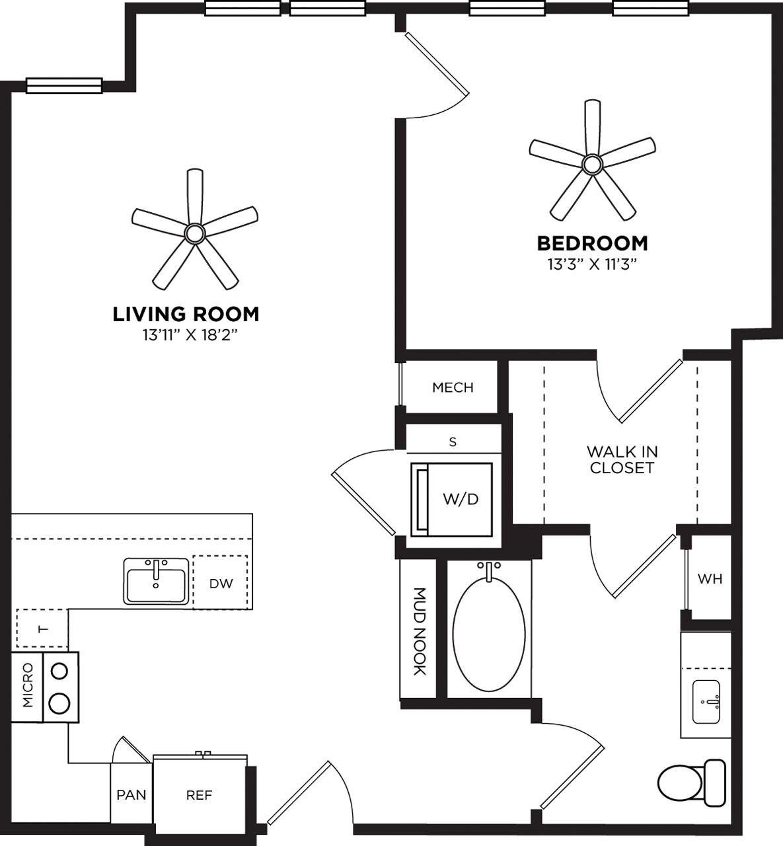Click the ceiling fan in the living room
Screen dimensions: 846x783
click(x=194, y=233)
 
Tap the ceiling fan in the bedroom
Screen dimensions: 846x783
click(x=592, y=163)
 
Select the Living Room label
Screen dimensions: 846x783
click(x=186, y=314)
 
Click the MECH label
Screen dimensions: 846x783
click(x=453, y=387)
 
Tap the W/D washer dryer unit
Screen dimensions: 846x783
click(x=460, y=499)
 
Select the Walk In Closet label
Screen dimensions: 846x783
click(x=622, y=459)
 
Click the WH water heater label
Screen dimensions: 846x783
click(x=710, y=579)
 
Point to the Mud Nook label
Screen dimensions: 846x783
click(x=419, y=631)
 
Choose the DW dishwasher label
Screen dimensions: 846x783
click(x=221, y=584)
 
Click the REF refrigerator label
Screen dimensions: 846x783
click(x=199, y=795)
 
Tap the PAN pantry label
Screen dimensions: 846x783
click(x=131, y=794)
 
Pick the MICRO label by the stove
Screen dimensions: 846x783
click(x=27, y=686)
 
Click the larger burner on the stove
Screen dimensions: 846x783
click(x=60, y=703)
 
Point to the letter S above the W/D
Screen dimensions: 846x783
click(x=453, y=442)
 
